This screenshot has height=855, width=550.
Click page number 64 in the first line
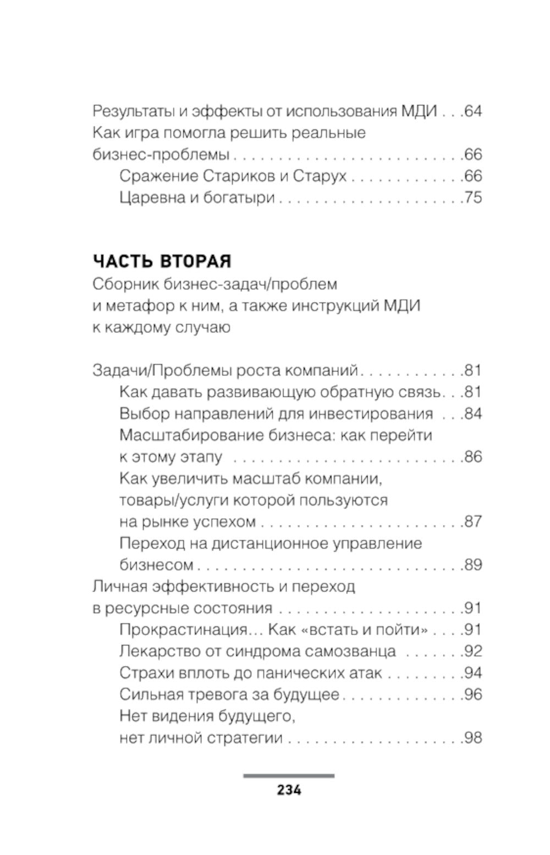[x=473, y=112]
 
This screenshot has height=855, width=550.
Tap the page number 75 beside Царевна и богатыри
[x=473, y=197]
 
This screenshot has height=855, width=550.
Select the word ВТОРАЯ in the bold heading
[x=195, y=261]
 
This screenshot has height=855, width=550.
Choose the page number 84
[x=473, y=413]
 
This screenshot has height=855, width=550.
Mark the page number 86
[x=473, y=457]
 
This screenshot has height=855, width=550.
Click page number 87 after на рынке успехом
[x=473, y=521]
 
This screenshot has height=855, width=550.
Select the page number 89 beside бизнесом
[x=473, y=565]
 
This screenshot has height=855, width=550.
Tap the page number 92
[x=473, y=651]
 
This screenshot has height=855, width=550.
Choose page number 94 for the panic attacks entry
[x=473, y=673]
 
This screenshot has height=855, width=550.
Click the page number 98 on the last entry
[x=473, y=738]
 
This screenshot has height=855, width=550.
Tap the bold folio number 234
[x=289, y=790]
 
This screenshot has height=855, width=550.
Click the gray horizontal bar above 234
[x=289, y=776]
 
